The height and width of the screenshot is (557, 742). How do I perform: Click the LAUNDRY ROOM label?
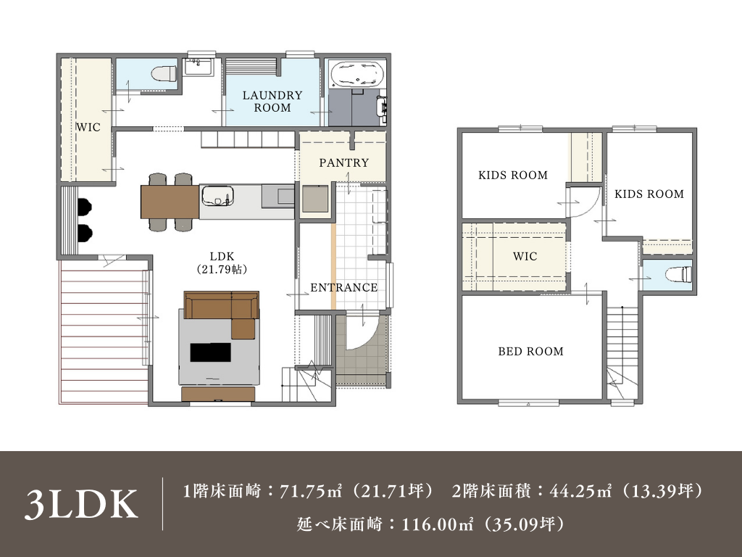point(272,102)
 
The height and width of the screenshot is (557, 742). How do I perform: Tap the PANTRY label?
point(343,162)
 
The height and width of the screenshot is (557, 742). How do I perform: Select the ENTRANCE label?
point(343,287)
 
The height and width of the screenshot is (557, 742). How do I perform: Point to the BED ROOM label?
point(530,351)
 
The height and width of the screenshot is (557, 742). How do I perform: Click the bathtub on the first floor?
point(357,74)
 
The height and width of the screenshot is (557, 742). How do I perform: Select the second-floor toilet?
point(678,274)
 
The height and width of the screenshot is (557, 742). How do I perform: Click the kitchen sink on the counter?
point(217,196)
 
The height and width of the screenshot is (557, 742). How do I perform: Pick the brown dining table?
point(170,202)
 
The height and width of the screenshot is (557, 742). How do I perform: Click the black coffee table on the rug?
point(211,352)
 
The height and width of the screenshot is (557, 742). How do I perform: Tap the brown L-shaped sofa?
point(226,310)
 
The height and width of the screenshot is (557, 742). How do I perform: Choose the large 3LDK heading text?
point(81,504)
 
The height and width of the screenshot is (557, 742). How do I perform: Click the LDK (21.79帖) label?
point(222,263)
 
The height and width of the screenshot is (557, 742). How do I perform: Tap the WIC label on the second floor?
point(525,256)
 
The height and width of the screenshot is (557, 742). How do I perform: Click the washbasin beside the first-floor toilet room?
point(199,67)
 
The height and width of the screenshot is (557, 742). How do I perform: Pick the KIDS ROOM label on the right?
point(649,194)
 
